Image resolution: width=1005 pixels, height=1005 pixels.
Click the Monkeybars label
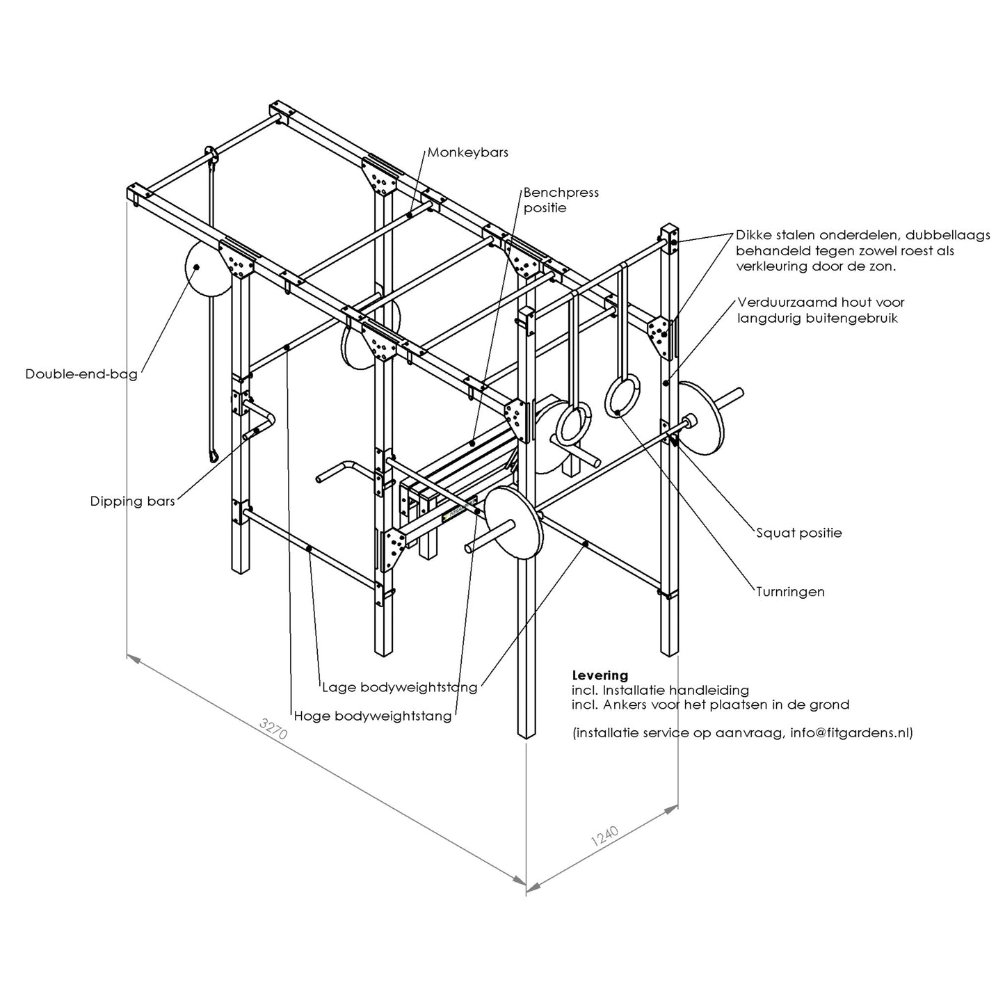(467, 152)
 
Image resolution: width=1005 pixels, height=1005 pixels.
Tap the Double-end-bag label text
(81, 374)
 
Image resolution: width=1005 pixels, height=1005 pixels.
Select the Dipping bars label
(132, 501)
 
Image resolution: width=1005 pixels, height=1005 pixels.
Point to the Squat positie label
(798, 533)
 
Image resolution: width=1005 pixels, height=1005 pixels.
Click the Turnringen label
(789, 592)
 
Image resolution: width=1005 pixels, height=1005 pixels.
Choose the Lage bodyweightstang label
(399, 687)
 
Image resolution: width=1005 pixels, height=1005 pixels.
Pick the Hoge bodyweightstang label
(372, 716)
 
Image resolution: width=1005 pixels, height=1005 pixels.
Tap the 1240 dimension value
(604, 836)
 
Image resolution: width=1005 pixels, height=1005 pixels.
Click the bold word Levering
(600, 675)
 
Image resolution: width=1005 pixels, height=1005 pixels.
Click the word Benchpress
(561, 193)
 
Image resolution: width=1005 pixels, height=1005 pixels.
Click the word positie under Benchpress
(545, 208)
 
